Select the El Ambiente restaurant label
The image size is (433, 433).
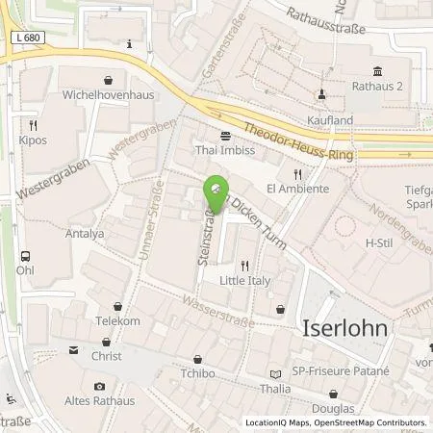pyautogui.click(x=297, y=189)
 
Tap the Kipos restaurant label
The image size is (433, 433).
pyautogui.click(x=32, y=140)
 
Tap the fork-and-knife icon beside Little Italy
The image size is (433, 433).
pyautogui.click(x=245, y=266)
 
